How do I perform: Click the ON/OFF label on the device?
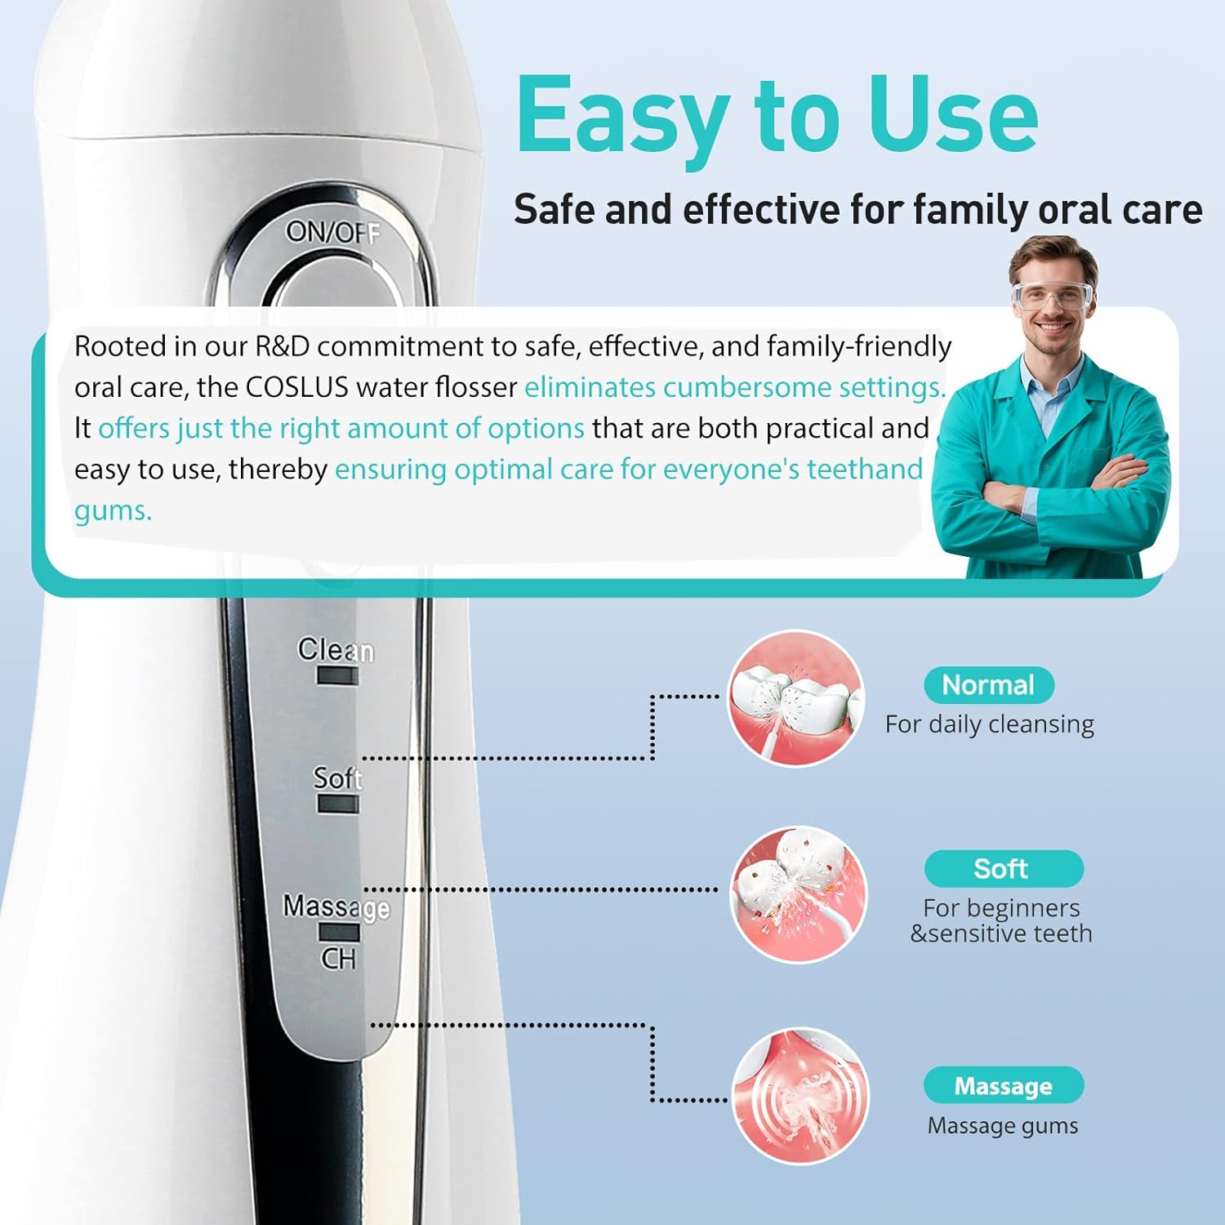(x=333, y=233)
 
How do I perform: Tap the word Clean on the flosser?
(x=336, y=650)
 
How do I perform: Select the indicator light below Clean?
(x=338, y=676)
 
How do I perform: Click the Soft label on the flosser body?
(x=337, y=778)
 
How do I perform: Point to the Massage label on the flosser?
(x=336, y=906)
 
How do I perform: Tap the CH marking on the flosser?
(x=338, y=958)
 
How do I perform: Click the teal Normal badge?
(x=988, y=685)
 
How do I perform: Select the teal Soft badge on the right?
(x=1003, y=869)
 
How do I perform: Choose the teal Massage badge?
(x=1003, y=1086)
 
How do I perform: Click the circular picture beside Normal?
(x=795, y=698)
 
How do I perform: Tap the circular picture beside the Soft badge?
(x=798, y=894)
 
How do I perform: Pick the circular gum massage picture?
(x=800, y=1096)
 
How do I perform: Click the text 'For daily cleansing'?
(x=989, y=724)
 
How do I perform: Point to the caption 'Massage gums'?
(x=1002, y=1126)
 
